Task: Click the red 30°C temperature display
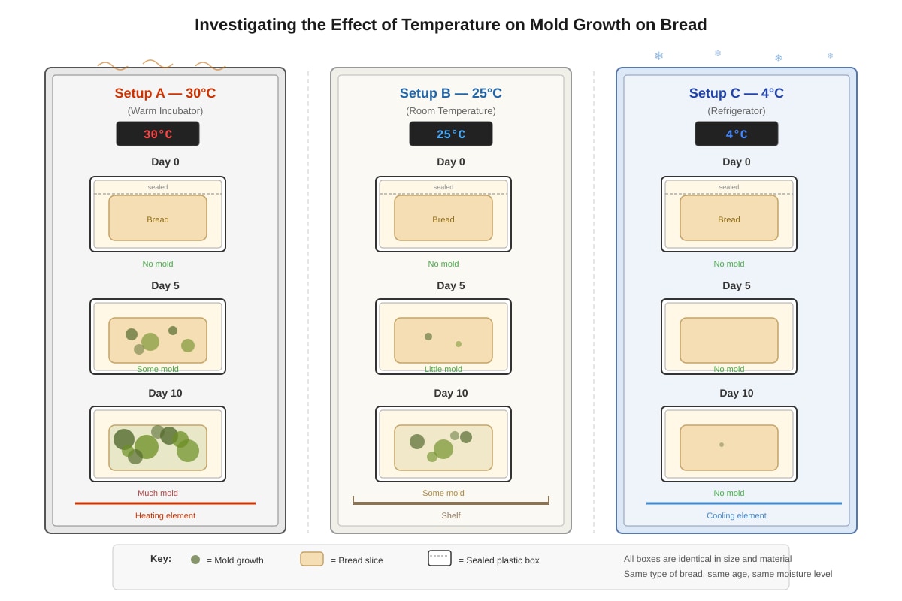[x=157, y=134]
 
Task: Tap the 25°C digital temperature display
[x=450, y=134]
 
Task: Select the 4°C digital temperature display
[x=736, y=134]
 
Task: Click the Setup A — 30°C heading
[x=165, y=93]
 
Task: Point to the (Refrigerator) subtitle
[x=736, y=110]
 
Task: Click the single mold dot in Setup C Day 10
[x=721, y=445]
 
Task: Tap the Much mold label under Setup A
[x=157, y=493]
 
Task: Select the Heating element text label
[x=165, y=515]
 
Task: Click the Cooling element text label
[x=736, y=515]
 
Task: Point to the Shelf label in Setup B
[x=450, y=515]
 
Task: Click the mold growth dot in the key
[x=195, y=560]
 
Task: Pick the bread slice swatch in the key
[x=312, y=559]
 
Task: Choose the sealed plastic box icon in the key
[x=439, y=558]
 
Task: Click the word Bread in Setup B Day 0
[x=443, y=219]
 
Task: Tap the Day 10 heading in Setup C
[x=736, y=393]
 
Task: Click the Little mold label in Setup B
[x=443, y=369]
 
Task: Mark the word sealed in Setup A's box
[x=157, y=187]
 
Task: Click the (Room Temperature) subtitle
[x=450, y=110]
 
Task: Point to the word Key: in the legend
[x=161, y=559]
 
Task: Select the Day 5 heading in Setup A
[x=165, y=285]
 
